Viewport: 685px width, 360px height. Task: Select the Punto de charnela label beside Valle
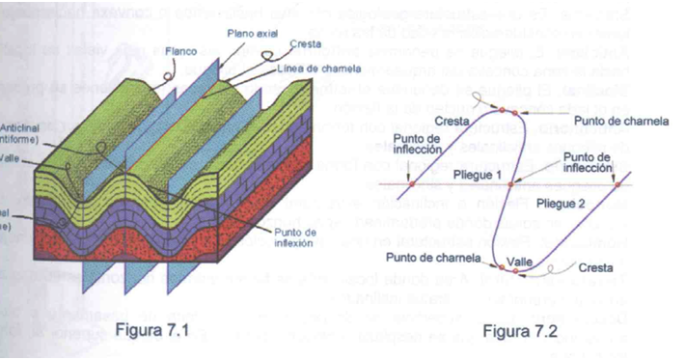[x=432, y=258]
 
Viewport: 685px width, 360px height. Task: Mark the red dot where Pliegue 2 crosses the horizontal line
[x=618, y=184]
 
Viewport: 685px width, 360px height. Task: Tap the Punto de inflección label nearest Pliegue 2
[x=587, y=162]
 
